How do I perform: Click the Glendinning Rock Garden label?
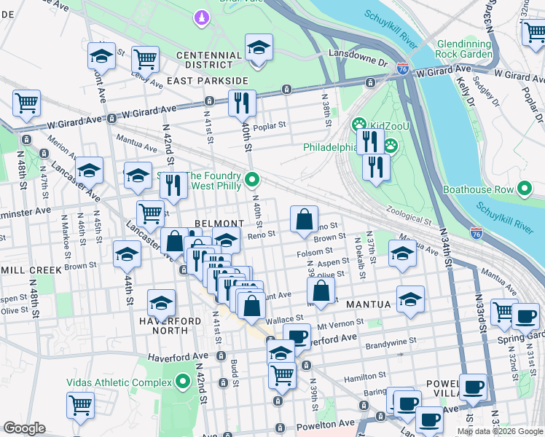point(463,50)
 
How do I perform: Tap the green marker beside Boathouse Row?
point(525,190)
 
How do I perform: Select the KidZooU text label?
point(387,125)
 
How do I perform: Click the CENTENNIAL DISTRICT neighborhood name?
point(208,61)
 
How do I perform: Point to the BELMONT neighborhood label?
point(219,223)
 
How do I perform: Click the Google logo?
point(25,428)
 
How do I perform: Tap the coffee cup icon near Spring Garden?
point(525,317)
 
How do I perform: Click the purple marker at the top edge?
point(201,16)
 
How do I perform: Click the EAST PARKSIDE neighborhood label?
point(204,81)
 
